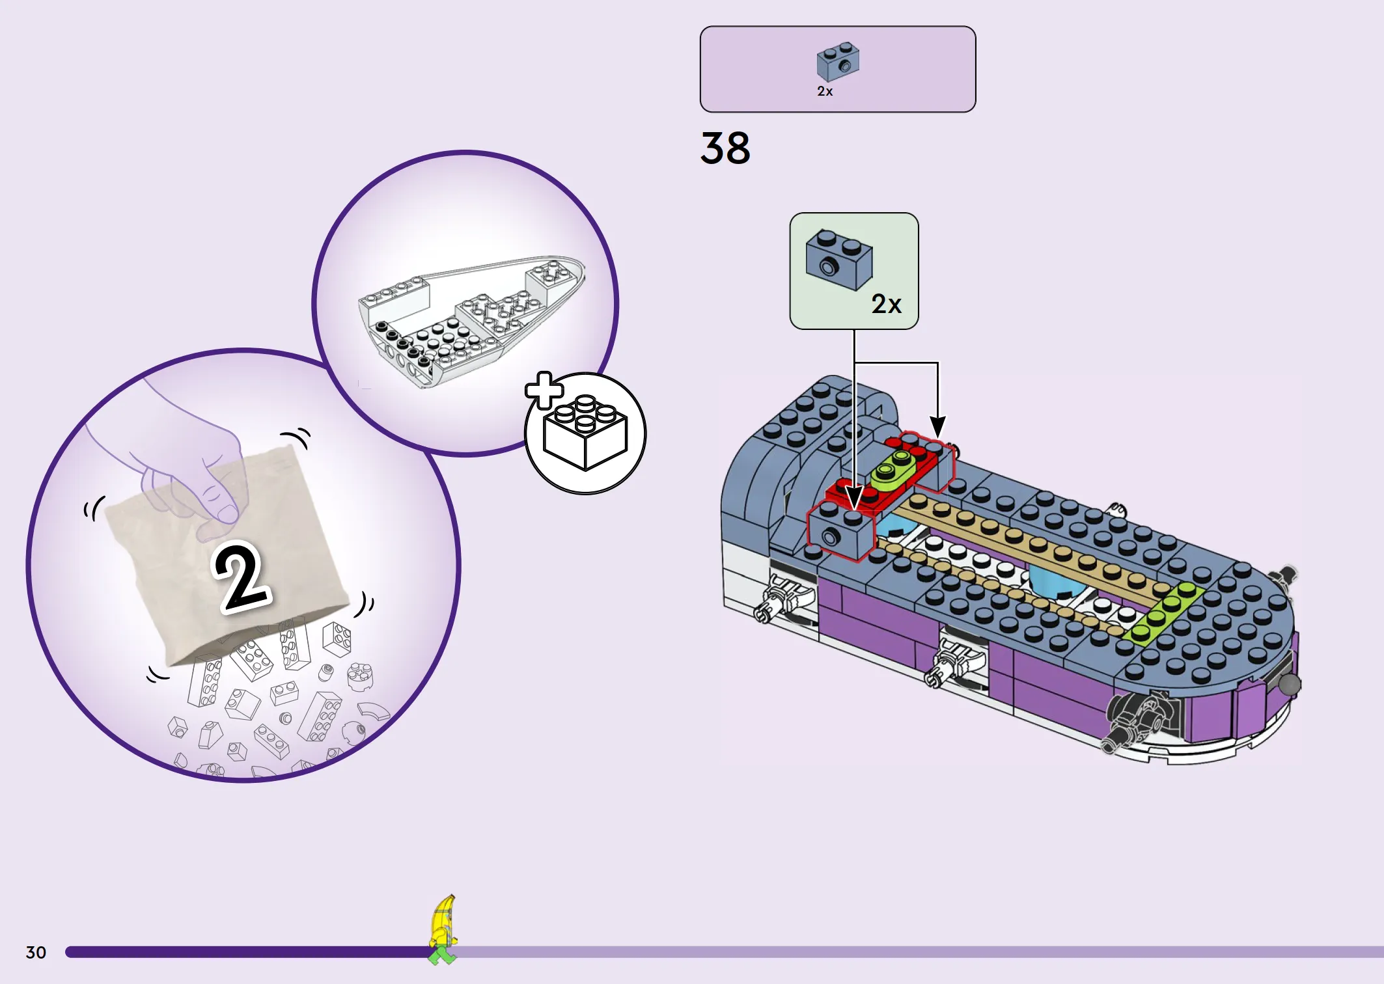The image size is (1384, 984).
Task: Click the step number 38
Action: coord(725,148)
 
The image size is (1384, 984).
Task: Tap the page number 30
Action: coord(36,952)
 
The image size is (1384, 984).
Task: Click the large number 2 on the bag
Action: coord(242,577)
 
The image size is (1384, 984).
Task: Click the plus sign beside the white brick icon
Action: coord(544,391)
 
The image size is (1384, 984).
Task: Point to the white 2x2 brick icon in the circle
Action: coord(585,433)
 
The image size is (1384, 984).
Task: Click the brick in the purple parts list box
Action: coord(838,62)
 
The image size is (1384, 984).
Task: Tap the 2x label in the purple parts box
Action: coord(825,91)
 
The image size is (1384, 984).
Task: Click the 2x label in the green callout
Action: coord(886,304)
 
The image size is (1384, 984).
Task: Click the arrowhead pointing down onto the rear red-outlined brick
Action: coord(937,427)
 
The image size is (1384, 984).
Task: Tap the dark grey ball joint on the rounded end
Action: coord(1289,684)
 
